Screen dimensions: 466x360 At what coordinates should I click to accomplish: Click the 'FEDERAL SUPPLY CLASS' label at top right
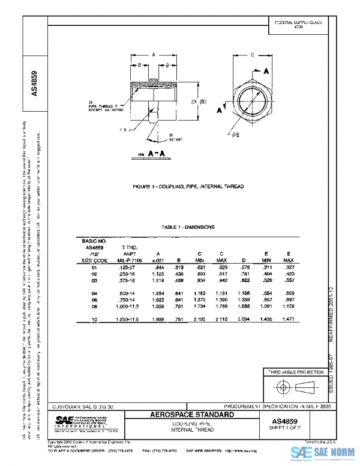point(298,22)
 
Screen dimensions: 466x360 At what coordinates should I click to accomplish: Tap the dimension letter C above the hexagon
point(253,55)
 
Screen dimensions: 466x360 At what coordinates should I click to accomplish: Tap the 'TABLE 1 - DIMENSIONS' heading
point(188,227)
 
